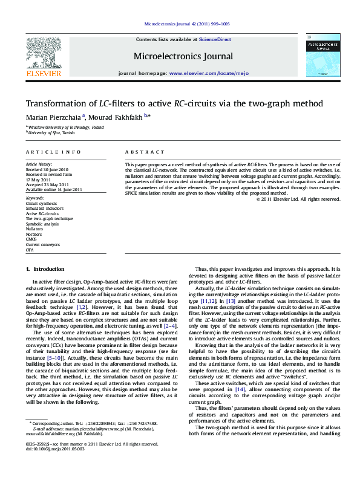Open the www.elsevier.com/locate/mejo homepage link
click(201, 73)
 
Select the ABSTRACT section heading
click(145, 152)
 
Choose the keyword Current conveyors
click(42, 244)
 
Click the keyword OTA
click(29, 249)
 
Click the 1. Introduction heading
click(45, 268)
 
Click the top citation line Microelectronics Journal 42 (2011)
click(180, 24)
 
